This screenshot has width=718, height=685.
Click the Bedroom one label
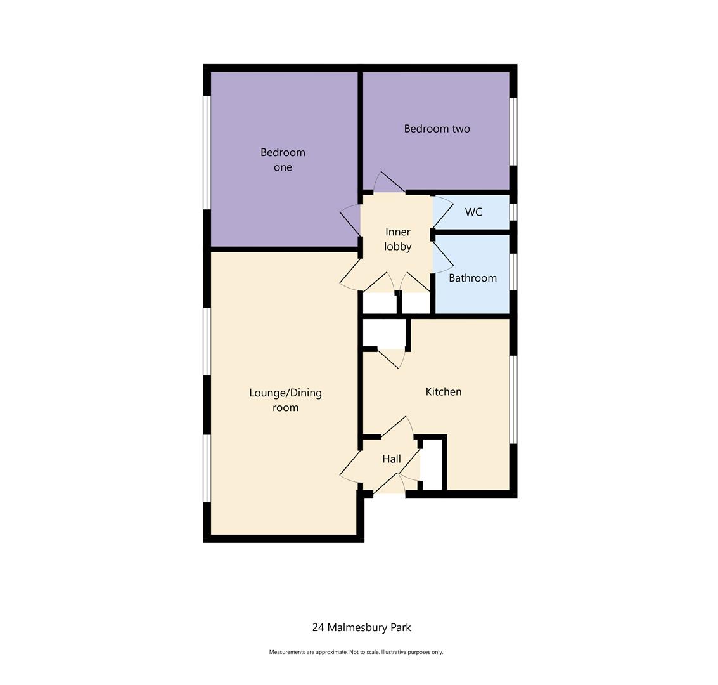283,160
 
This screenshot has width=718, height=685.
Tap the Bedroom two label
437,129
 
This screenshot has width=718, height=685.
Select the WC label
473,212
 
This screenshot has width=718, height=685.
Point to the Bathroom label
472,278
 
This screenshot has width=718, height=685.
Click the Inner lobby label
397,239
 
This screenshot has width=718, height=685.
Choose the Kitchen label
443,392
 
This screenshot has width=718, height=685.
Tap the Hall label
391,459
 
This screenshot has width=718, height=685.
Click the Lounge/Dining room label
285,400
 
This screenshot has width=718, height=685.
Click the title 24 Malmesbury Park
361,627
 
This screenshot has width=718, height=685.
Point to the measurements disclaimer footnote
356,652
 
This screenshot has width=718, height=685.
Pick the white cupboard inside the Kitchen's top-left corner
384,334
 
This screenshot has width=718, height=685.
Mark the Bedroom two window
513,131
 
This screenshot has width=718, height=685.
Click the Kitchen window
513,400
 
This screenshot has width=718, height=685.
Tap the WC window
513,212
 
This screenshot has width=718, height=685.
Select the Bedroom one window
207,152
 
